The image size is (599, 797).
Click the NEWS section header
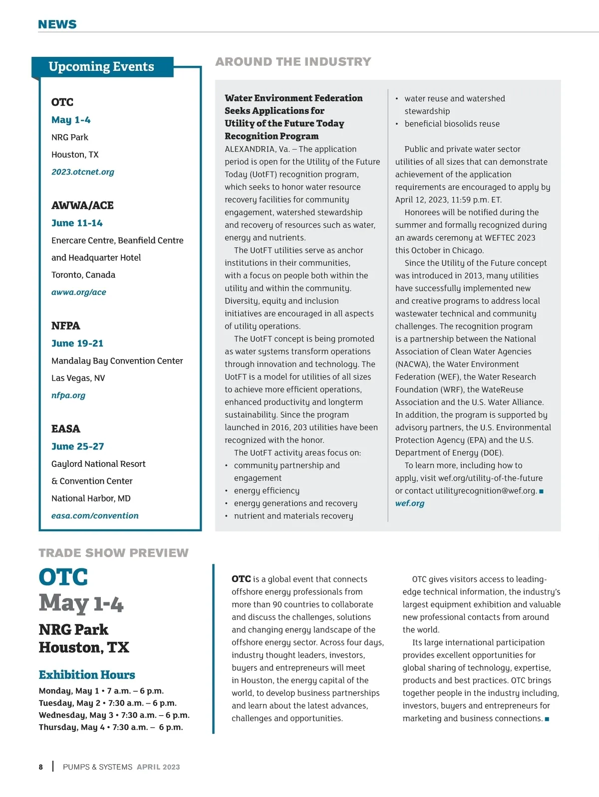(57, 24)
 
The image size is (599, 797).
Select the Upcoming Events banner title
(101, 66)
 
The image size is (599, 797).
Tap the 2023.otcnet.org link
(83, 172)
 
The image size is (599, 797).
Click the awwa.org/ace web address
(79, 292)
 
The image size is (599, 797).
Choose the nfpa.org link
(68, 396)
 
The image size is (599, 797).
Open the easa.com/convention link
(95, 516)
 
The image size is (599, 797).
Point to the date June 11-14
(77, 223)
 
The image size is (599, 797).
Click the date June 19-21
(77, 343)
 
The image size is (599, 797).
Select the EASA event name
(66, 429)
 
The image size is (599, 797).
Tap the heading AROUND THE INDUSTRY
(293, 62)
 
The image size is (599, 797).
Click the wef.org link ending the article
(410, 503)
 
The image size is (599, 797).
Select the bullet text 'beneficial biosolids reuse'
(452, 124)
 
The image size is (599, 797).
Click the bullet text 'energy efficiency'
(267, 491)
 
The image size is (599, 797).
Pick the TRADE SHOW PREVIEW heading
(114, 553)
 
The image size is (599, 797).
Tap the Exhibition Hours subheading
(87, 675)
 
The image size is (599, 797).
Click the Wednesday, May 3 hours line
(114, 715)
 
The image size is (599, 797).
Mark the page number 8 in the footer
(41, 767)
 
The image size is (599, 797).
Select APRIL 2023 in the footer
(158, 767)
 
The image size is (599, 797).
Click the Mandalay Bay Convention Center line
(117, 361)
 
